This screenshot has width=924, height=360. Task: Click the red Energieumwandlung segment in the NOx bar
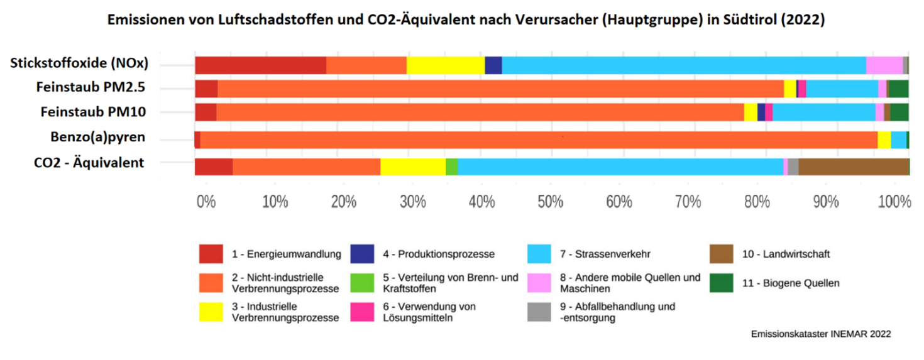[x=260, y=65]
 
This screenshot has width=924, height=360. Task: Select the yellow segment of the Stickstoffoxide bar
[x=446, y=65]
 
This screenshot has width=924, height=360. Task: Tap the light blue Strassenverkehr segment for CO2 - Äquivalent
[x=620, y=166]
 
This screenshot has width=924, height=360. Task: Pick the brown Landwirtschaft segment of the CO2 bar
[x=853, y=166]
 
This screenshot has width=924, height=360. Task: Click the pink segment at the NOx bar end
[x=884, y=65]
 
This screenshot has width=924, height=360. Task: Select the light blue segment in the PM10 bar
[x=823, y=112]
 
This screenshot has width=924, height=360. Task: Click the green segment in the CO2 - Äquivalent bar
[x=451, y=166]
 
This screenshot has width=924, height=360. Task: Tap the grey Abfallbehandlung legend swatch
[x=539, y=312]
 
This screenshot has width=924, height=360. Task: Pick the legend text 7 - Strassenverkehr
[x=604, y=254]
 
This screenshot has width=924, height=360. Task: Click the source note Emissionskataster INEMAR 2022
[x=820, y=334]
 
